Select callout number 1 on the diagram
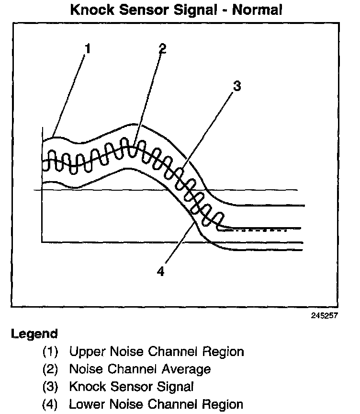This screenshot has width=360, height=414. click(87, 48)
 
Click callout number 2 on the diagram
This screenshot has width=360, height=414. click(162, 48)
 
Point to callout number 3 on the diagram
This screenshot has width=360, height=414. click(236, 87)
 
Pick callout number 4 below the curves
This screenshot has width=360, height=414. click(161, 271)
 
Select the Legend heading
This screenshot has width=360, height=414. click(34, 334)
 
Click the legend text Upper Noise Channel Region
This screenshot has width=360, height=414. click(157, 352)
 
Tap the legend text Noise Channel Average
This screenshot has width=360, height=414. click(140, 369)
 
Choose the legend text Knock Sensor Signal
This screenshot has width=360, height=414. click(131, 387)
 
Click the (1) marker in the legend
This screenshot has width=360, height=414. click(50, 352)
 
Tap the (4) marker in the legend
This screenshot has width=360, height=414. click(50, 404)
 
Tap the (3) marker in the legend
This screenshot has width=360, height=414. click(50, 387)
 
